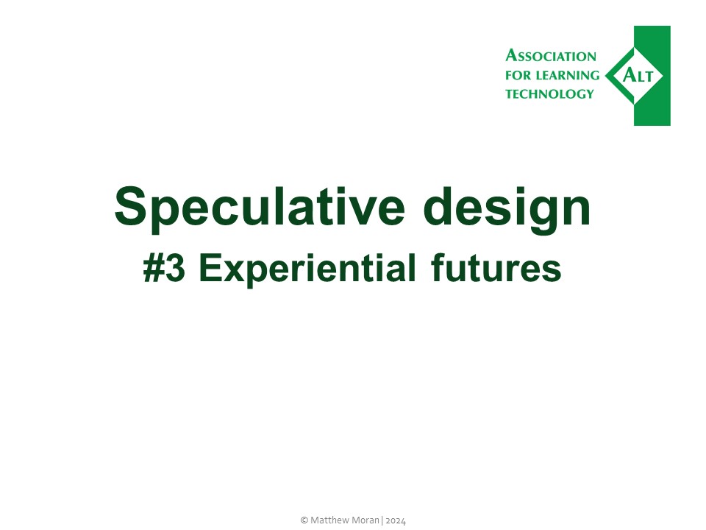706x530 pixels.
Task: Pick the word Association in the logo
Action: click(551, 56)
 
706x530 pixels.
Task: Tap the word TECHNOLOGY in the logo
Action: click(549, 93)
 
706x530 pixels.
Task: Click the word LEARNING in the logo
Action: click(571, 75)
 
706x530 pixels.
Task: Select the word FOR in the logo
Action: click(518, 75)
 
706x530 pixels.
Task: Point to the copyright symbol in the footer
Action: click(304, 520)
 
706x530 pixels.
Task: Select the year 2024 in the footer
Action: click(395, 520)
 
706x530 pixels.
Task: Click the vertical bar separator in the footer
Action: click(382, 520)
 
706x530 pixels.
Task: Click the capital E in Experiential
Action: click(209, 269)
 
